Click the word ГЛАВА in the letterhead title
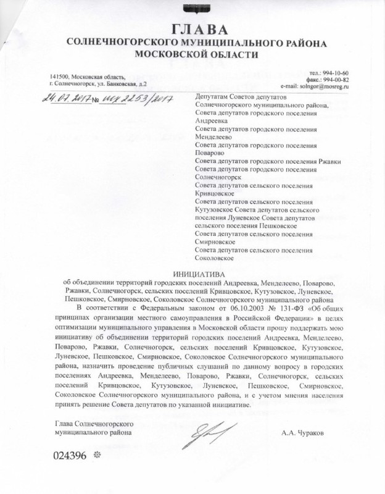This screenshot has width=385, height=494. (192, 29)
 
